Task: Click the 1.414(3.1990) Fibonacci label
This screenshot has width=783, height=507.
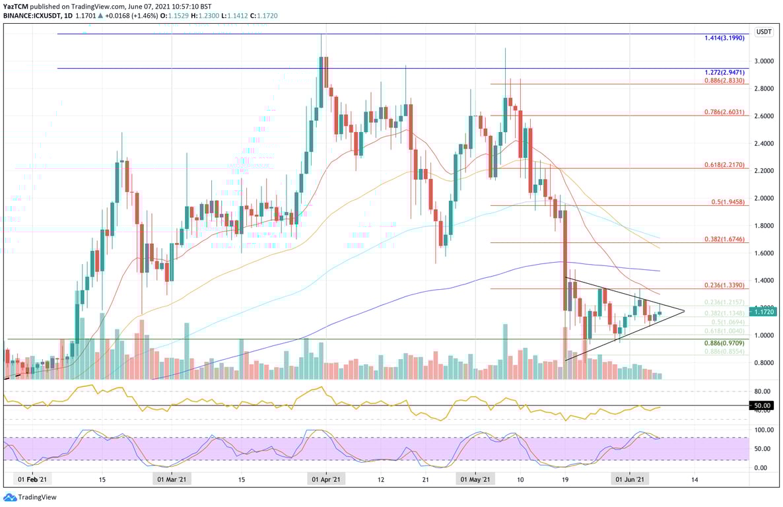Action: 724,38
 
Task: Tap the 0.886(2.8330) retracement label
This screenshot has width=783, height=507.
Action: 724,80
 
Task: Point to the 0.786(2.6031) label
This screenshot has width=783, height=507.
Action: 724,112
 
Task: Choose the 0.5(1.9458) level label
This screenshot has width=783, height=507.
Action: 728,203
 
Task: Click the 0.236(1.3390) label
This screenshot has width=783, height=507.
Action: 724,285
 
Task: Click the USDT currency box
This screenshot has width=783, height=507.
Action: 764,31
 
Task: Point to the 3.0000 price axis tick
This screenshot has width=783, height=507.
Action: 764,61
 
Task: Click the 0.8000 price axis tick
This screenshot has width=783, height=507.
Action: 764,362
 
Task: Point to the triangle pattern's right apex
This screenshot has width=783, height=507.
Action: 684,311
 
